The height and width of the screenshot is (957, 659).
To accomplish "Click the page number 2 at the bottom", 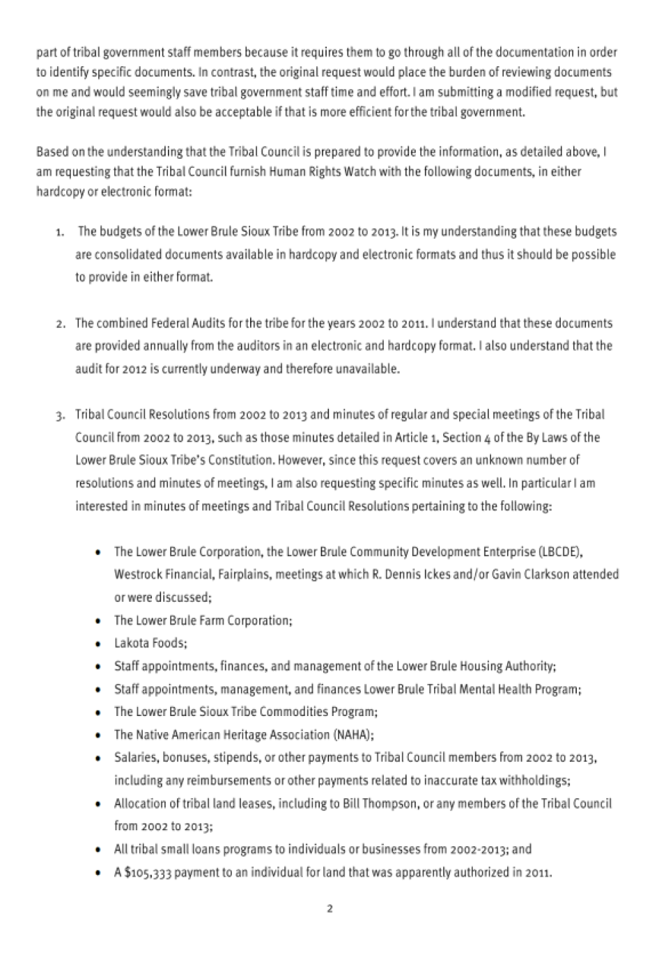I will click(x=329, y=908).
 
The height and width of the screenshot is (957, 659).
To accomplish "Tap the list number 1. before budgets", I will click(x=61, y=232).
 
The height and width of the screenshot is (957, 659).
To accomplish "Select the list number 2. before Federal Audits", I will click(x=61, y=324).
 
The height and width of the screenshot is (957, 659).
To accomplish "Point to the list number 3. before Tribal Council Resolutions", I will click(x=61, y=416).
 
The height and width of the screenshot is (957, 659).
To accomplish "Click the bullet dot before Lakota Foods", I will click(x=99, y=644).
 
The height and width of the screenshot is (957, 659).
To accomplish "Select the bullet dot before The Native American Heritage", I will click(x=99, y=736).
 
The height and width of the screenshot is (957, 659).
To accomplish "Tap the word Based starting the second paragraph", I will click(x=51, y=152).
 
